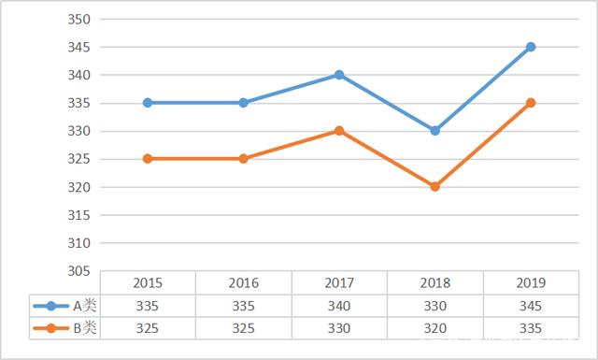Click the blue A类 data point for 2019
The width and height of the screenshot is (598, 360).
click(x=531, y=47)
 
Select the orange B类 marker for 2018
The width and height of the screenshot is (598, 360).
click(x=434, y=187)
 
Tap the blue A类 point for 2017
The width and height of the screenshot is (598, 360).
click(x=339, y=75)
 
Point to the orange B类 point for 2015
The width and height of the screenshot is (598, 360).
click(x=148, y=159)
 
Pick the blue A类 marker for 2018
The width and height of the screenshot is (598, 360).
click(x=434, y=131)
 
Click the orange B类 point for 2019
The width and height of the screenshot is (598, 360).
click(x=531, y=103)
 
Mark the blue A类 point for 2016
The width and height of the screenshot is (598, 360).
click(x=243, y=103)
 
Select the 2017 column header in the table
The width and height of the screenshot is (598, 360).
click(x=339, y=282)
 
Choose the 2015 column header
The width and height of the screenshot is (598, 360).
click(x=148, y=282)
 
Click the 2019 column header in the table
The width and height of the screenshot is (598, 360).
click(x=531, y=282)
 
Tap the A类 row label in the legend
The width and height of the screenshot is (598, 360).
click(x=84, y=305)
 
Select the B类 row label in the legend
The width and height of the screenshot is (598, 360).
click(x=84, y=328)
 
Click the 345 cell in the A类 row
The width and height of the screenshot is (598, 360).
click(x=531, y=305)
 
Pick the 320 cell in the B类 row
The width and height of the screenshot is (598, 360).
click(x=434, y=328)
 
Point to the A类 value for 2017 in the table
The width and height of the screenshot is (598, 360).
click(x=339, y=305)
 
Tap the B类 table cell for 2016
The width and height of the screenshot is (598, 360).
click(x=243, y=328)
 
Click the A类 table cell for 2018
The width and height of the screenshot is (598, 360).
click(x=434, y=305)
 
